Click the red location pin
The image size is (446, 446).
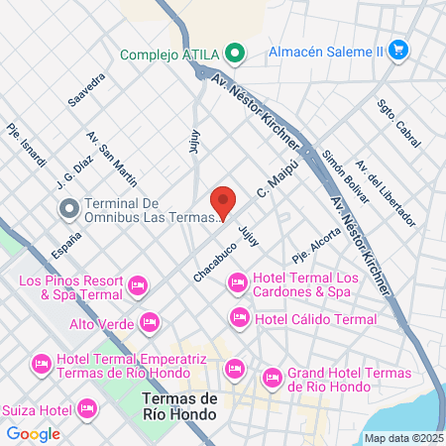point(223,202)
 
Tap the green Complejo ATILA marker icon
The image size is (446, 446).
point(233,55)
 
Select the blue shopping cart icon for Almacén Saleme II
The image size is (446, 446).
point(398,49)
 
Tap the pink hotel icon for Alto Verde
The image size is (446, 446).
point(150,322)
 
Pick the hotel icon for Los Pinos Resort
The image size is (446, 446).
point(139,287)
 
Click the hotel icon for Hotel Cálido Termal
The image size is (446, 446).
point(238,318)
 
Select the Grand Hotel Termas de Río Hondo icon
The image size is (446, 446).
point(272,377)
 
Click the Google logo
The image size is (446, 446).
point(33,433)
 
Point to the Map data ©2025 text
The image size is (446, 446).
point(402,438)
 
